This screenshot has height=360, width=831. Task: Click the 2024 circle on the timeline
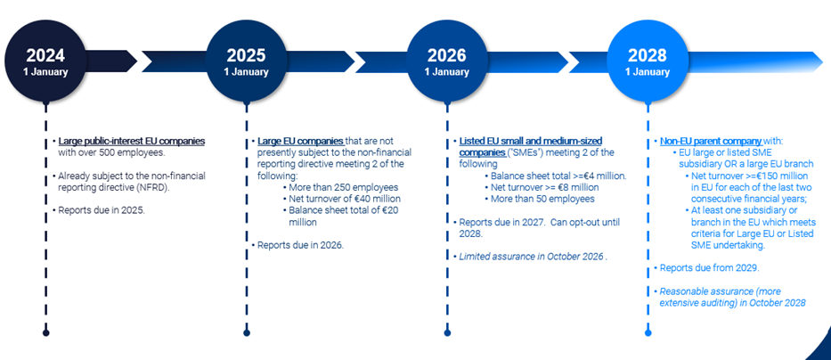pos(45,61)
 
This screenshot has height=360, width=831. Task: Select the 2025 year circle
pos(246,61)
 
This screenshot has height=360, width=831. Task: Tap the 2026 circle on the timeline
pos(447,61)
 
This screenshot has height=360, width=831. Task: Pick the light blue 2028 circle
pos(648,61)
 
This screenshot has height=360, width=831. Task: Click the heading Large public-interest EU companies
pos(132,142)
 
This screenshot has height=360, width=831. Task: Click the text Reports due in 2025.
pos(102,210)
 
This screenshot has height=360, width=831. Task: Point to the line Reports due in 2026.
pos(300,245)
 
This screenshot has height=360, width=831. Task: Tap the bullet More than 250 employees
pos(344,188)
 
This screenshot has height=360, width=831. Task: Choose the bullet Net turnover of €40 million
pos(345,200)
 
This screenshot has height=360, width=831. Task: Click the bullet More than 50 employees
pos(542,200)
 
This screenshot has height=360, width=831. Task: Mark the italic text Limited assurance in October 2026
pos(532,257)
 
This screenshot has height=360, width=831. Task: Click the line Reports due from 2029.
pos(709,268)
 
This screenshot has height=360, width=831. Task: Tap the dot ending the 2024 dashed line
pos(45,333)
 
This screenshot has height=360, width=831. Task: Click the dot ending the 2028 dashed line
pos(648,333)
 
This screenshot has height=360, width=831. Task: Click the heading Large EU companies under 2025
pos(301,142)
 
